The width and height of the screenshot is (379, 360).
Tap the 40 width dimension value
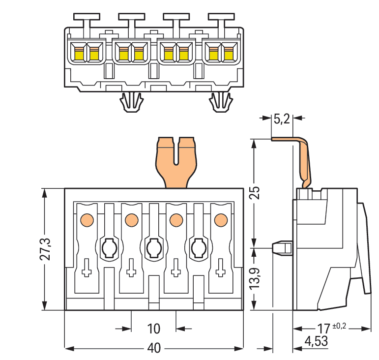(154, 348)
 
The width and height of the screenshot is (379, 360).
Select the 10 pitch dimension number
(154, 328)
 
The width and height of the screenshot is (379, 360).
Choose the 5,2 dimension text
(282, 119)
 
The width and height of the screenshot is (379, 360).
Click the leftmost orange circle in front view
(87, 219)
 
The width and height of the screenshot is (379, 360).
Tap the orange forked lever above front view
(175, 161)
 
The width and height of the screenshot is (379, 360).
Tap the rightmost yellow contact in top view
(229, 54)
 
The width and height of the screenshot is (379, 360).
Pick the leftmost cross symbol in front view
(87, 268)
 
